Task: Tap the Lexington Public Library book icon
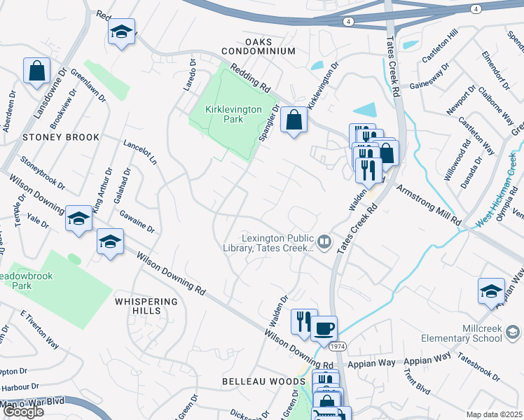(324, 243)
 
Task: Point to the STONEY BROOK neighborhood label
(61, 137)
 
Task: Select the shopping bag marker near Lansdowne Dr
(37, 71)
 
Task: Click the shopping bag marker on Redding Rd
(294, 120)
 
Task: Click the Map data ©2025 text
(494, 414)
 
